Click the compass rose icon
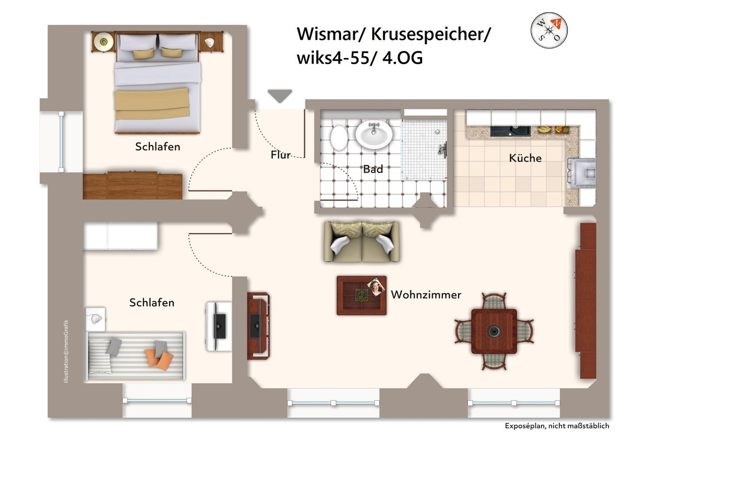549,31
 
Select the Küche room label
525,158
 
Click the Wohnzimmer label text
426,295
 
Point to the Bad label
373,170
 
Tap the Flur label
280,155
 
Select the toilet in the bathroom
338,138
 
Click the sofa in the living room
362,241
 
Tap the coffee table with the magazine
361,295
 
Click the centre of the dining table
493,332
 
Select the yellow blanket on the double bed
152,104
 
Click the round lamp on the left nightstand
104,42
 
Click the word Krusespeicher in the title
430,34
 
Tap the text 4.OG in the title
402,58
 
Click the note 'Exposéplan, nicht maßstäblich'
557,426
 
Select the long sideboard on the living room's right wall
586,301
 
